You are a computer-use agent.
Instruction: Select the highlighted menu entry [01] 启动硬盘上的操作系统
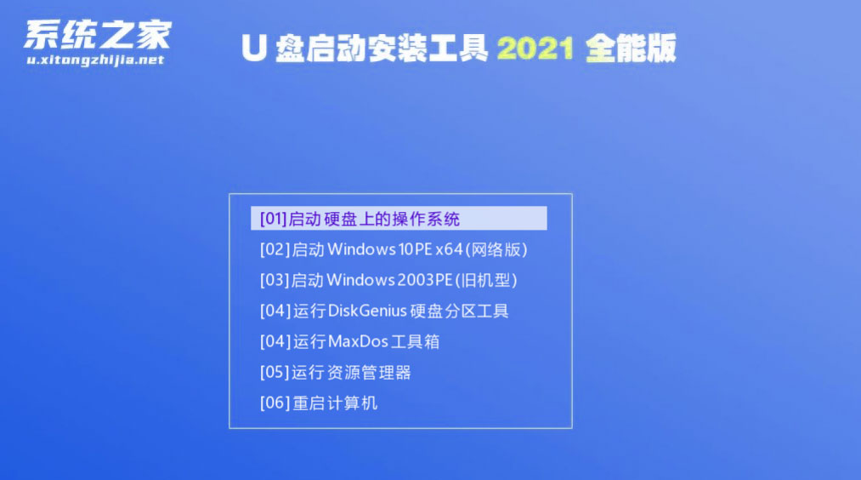point(399,218)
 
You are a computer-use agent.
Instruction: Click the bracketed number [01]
point(274,219)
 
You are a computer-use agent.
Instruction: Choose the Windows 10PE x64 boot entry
point(394,249)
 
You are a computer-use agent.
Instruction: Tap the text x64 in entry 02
point(449,249)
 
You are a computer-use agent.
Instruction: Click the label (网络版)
point(496,249)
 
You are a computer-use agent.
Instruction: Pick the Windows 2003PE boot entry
point(388,280)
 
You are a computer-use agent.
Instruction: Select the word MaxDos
point(358,341)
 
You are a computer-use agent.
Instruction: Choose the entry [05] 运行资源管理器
point(336,372)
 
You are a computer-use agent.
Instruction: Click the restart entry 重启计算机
point(335,403)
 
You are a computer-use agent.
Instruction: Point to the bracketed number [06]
point(274,403)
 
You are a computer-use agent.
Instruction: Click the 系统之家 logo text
point(98,35)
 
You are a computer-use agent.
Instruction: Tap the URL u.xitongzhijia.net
point(95,60)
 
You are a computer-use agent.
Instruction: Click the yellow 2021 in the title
point(535,49)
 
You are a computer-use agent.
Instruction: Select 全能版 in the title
point(631,48)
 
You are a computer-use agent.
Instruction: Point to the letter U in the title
point(253,48)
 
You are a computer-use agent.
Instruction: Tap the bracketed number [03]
point(274,280)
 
